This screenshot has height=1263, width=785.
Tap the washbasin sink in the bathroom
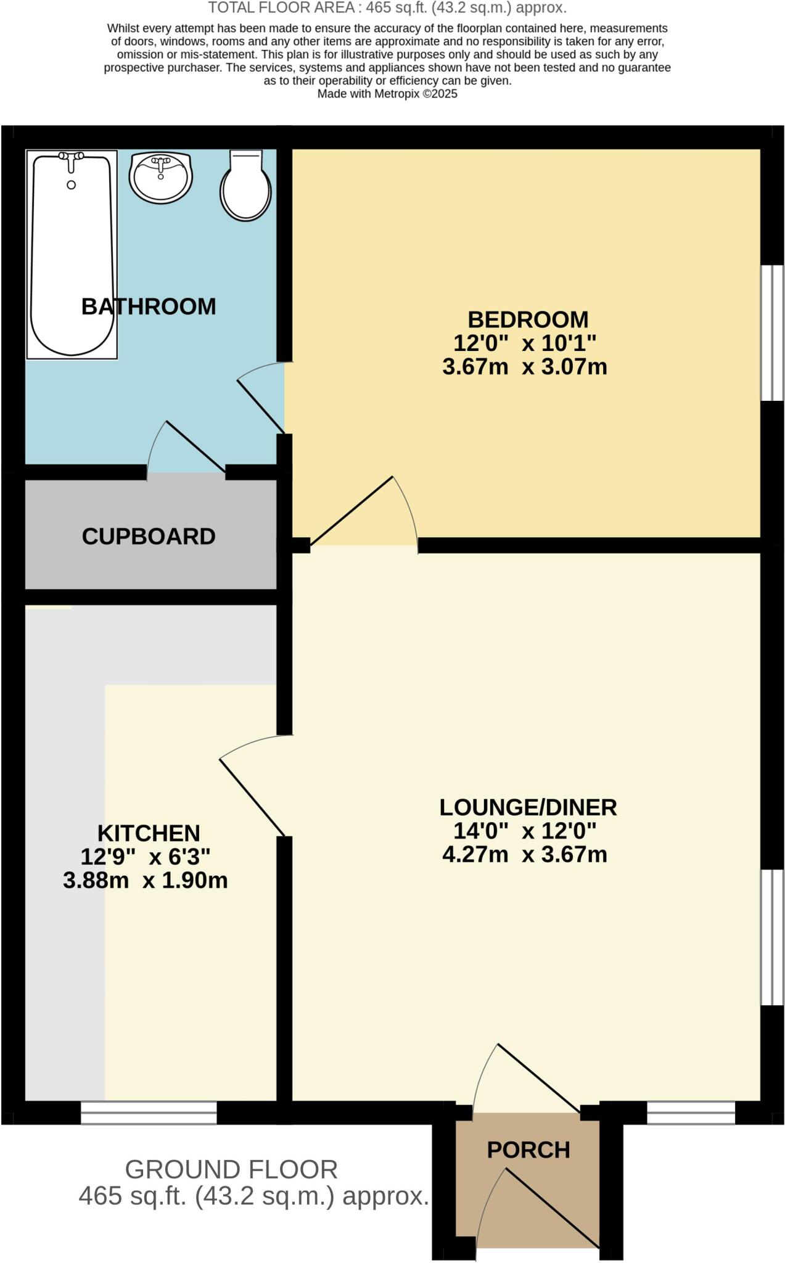coord(160,177)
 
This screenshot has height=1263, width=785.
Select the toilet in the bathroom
coord(245,188)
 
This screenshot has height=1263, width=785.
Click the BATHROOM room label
coord(149,306)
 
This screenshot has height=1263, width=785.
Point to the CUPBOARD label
coord(149,537)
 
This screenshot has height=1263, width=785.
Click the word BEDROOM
coord(528,319)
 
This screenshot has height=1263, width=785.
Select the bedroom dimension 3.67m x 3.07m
coord(525,367)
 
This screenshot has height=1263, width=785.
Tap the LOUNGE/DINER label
coord(528,807)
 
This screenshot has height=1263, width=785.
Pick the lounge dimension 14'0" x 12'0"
coord(525,831)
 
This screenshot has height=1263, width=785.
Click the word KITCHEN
coord(149,834)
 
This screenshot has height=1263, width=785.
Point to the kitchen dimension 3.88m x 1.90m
coord(146,881)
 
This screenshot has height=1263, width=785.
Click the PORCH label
coord(528,1150)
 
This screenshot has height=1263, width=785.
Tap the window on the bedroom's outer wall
coord(771,333)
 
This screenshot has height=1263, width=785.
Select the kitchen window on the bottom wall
coord(149,1113)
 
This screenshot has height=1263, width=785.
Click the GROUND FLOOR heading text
coord(231,1170)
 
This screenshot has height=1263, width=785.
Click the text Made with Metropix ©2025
coord(387,94)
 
